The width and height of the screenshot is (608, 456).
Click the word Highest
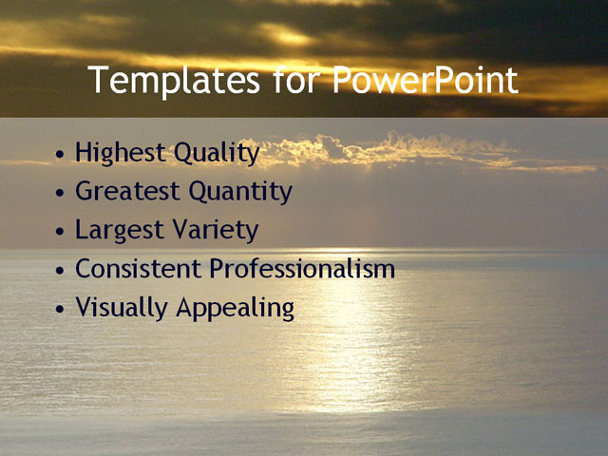click(119, 152)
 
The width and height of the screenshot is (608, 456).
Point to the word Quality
click(218, 153)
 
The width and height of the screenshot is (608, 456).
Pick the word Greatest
click(128, 192)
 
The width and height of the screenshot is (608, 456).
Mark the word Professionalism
click(302, 270)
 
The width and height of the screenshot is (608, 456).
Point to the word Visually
click(119, 309)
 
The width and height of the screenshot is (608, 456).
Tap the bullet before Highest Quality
click(62, 153)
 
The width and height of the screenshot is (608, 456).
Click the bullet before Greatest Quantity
click(62, 192)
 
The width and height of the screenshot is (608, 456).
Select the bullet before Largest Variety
click(62, 231)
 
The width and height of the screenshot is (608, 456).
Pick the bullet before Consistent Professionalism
click(62, 271)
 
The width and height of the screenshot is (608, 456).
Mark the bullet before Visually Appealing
click(62, 310)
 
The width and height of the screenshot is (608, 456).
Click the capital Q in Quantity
click(199, 192)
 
